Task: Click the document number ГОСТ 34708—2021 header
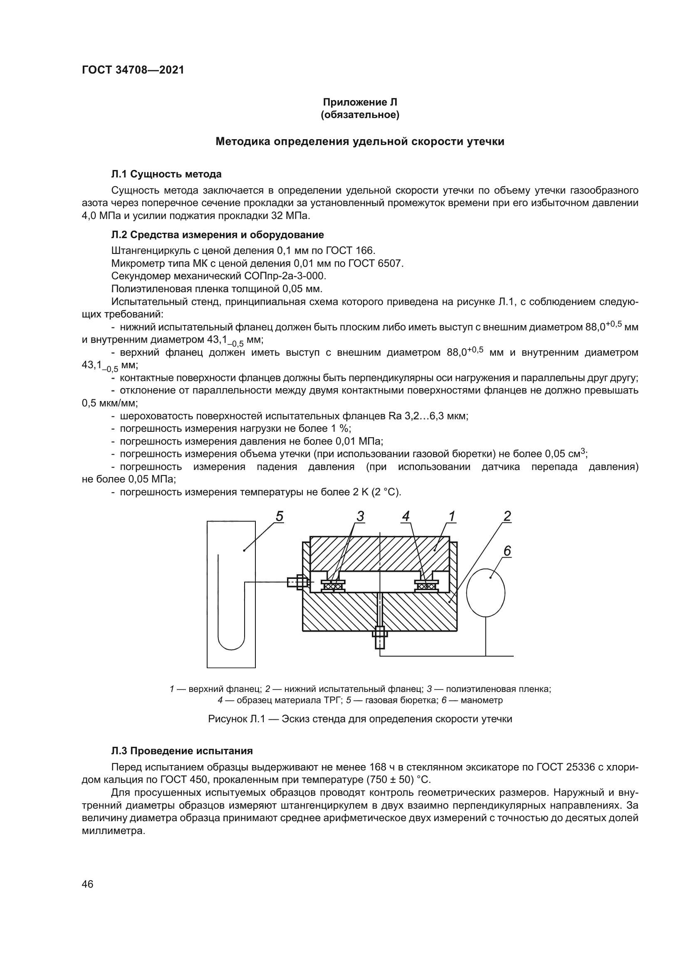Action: coord(133,70)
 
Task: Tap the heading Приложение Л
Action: coord(360,102)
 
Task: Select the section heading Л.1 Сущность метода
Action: coord(166,174)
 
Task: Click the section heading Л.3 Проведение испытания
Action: coord(182,751)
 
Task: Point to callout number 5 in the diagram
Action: coord(279,517)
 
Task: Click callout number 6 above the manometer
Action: coord(507,551)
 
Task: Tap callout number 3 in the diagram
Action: coord(360,517)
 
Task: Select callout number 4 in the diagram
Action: coord(406,517)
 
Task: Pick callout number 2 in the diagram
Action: coord(507,517)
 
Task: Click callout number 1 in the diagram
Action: coord(452,517)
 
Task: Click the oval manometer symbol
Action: coord(485,593)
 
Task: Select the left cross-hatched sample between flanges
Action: coord(333,587)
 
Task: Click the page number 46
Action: coord(88,884)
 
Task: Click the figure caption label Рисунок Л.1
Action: coord(236,719)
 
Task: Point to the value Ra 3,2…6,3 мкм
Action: coord(428,416)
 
